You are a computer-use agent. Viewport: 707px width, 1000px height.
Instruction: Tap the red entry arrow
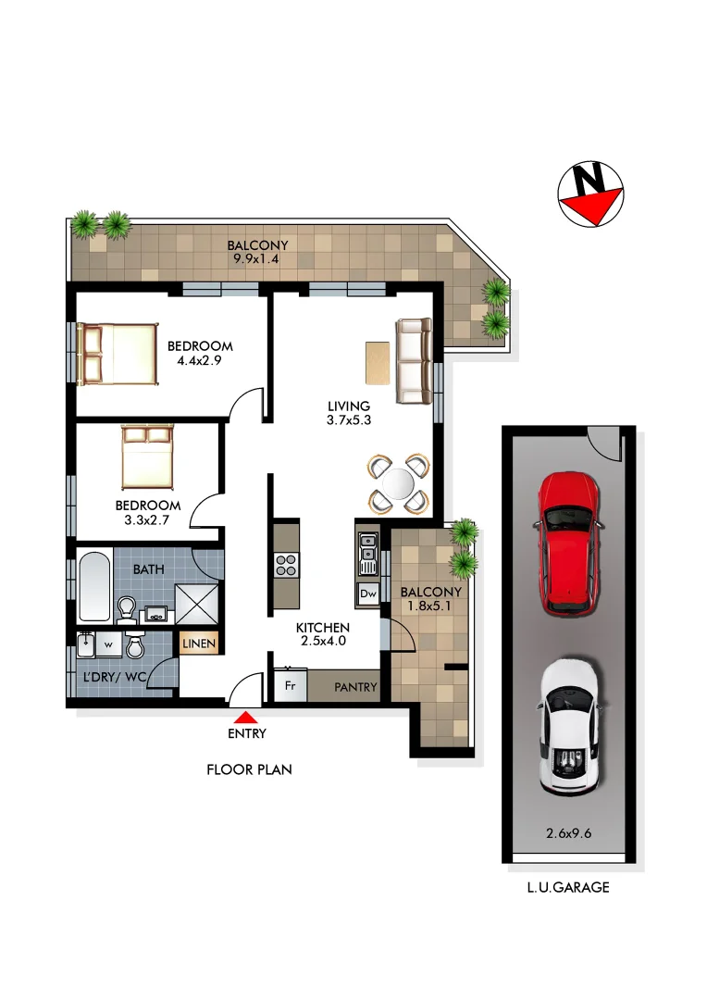(245, 717)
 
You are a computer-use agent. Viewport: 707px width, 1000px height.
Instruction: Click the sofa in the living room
(414, 361)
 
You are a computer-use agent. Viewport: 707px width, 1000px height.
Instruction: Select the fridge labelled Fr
(290, 686)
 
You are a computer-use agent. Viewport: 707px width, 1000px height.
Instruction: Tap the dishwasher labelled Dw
(367, 594)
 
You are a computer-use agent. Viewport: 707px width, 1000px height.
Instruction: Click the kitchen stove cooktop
(286, 564)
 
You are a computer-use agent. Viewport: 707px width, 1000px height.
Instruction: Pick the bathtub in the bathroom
(94, 587)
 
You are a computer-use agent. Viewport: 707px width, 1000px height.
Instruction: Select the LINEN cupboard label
(199, 644)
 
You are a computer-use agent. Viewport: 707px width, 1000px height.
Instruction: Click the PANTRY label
(355, 687)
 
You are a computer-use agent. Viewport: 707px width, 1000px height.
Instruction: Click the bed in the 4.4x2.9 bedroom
(118, 353)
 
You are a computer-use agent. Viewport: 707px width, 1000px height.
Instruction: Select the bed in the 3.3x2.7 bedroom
(146, 457)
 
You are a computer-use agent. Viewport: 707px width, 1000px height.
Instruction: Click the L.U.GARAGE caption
(568, 887)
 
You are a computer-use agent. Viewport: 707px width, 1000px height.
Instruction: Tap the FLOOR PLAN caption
(249, 769)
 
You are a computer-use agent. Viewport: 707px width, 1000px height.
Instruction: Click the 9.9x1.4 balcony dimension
(257, 259)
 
